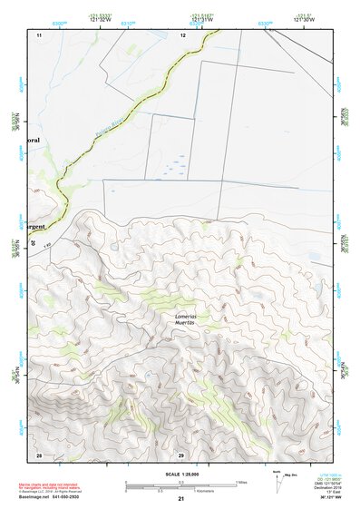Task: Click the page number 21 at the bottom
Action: pyautogui.click(x=180, y=499)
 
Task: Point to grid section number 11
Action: pyautogui.click(x=39, y=34)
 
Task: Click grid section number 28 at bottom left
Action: pyautogui.click(x=39, y=454)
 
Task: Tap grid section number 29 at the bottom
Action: pyautogui.click(x=180, y=454)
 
